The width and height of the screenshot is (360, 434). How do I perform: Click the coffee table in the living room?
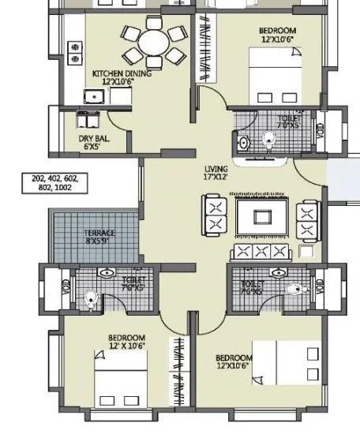[x=259, y=216]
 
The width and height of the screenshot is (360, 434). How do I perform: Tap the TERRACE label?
[x=99, y=234]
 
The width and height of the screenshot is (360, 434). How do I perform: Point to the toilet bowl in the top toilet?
[x=268, y=140]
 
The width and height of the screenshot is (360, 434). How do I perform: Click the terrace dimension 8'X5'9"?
[x=99, y=242]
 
